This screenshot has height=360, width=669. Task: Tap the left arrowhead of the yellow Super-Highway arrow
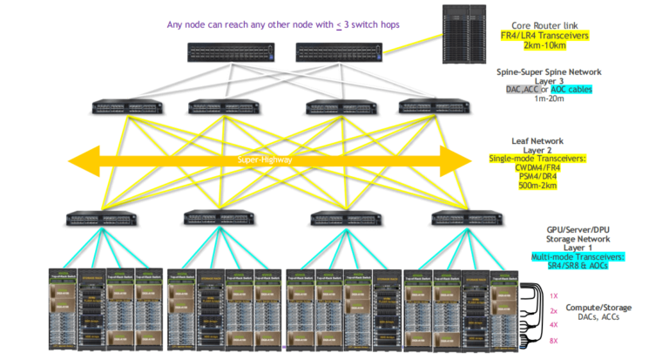coord(83,160)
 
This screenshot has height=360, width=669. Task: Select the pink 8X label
coord(553,341)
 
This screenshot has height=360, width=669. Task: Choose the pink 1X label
coord(553,295)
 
